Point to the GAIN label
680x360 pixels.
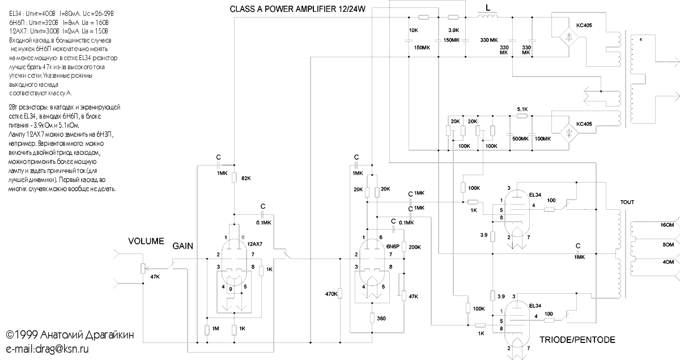click(183, 245)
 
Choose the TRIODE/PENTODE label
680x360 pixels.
click(577, 340)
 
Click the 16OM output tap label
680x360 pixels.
click(666, 226)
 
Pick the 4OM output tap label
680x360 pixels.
click(666, 262)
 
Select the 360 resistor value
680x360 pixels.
click(381, 319)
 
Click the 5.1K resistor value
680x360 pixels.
click(522, 109)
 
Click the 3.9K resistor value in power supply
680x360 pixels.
click(453, 30)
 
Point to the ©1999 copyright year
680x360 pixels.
click(24, 334)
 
